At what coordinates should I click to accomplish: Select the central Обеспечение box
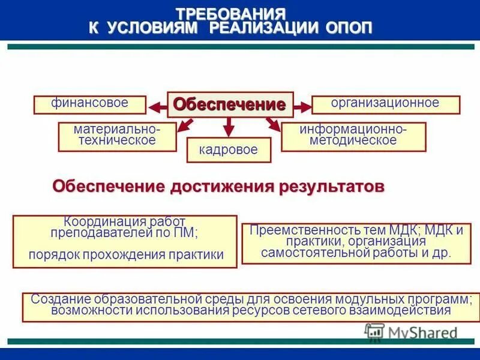[229, 105]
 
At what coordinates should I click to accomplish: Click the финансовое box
[90, 104]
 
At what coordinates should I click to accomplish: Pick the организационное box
[385, 104]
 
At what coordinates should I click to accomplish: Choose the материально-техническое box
[117, 136]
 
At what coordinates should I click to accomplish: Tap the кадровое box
[229, 150]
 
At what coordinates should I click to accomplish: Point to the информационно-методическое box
[353, 136]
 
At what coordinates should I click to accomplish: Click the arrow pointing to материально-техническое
[186, 124]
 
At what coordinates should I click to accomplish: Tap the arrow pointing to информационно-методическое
[272, 124]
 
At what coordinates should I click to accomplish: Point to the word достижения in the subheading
[222, 186]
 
